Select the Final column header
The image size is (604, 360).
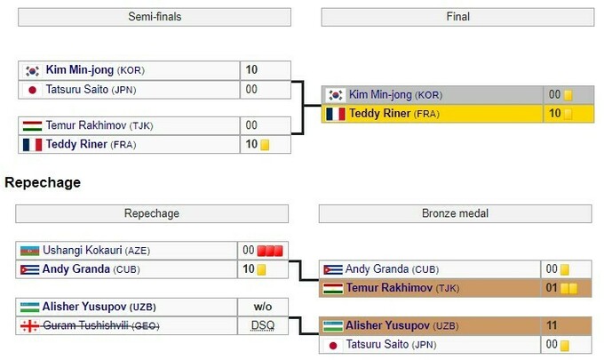(x=458, y=17)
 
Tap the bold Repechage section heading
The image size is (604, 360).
(x=43, y=182)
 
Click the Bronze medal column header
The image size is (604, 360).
(x=457, y=213)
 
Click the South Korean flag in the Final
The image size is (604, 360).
(x=336, y=95)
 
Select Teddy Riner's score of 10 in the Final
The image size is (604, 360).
(x=554, y=114)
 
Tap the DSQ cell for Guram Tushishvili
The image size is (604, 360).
(x=263, y=325)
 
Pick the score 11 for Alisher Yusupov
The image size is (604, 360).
(x=552, y=325)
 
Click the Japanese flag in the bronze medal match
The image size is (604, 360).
(x=334, y=345)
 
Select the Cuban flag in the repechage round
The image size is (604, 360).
(x=29, y=269)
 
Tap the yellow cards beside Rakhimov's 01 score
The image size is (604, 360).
(x=568, y=288)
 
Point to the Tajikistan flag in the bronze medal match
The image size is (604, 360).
(x=333, y=288)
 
